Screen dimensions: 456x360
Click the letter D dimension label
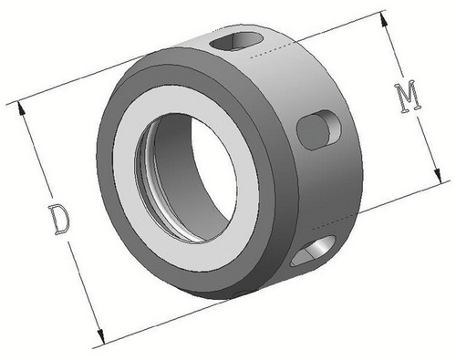point(59,220)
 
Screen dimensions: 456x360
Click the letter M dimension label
point(409,97)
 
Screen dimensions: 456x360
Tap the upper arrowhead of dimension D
point(21,108)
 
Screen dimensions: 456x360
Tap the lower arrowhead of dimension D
point(101,337)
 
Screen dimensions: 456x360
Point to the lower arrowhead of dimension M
point(438,176)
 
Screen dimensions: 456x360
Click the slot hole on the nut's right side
point(318,129)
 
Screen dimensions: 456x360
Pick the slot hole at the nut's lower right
point(313,251)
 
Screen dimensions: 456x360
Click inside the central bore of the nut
point(194,170)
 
